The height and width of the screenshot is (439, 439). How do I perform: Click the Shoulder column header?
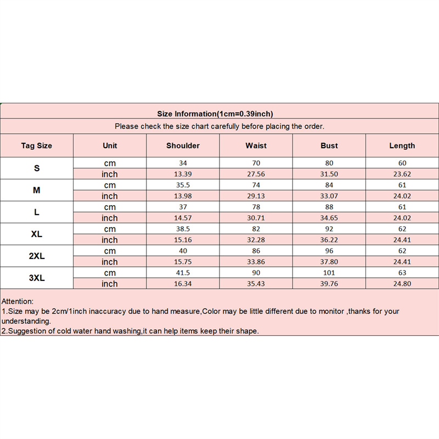pyautogui.click(x=183, y=146)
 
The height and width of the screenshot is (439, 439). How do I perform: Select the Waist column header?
pyautogui.click(x=256, y=146)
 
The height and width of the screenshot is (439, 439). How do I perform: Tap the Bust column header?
pyautogui.click(x=329, y=146)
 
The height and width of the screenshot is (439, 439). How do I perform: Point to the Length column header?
pyautogui.click(x=402, y=146)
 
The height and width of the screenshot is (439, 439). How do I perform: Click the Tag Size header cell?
pyautogui.click(x=37, y=146)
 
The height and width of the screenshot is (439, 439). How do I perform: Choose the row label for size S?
pyautogui.click(x=37, y=168)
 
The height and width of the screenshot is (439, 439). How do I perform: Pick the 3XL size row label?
pyautogui.click(x=37, y=278)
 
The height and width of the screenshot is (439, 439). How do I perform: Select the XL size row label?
pyautogui.click(x=37, y=234)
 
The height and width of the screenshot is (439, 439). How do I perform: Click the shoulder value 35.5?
pyautogui.click(x=183, y=185)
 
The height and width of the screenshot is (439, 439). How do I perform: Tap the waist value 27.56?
pyautogui.click(x=256, y=175)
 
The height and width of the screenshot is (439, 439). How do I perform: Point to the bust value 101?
pyautogui.click(x=329, y=273)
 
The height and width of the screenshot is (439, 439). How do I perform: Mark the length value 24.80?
pyautogui.click(x=402, y=284)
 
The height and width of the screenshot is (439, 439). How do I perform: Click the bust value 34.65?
pyautogui.click(x=329, y=218)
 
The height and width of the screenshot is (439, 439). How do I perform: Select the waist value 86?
pyautogui.click(x=256, y=251)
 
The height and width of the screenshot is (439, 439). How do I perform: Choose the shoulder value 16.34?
pyautogui.click(x=183, y=284)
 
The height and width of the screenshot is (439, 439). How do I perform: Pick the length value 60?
pyautogui.click(x=402, y=163)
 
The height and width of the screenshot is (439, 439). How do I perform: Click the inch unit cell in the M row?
pyautogui.click(x=110, y=196)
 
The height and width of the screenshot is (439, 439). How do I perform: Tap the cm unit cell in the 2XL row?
pyautogui.click(x=110, y=251)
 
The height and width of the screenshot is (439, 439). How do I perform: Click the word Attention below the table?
pyautogui.click(x=18, y=301)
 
